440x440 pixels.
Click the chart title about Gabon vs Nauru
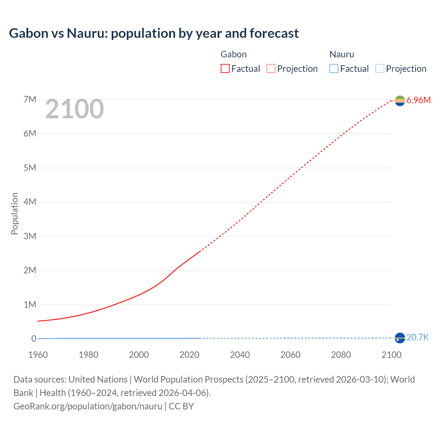pyautogui.click(x=154, y=33)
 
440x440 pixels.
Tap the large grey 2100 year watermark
pyautogui.click(x=74, y=109)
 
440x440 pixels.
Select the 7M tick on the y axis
pyautogui.click(x=30, y=100)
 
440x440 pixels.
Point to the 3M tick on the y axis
pyautogui.click(x=30, y=236)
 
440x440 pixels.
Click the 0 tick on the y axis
pyautogui.click(x=34, y=339)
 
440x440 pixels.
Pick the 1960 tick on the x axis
pyautogui.click(x=38, y=355)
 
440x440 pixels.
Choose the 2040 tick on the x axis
pyautogui.click(x=240, y=355)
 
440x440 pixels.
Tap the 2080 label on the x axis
pyautogui.click(x=341, y=355)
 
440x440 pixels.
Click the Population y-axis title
pyautogui.click(x=14, y=213)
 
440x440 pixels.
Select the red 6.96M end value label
pyautogui.click(x=418, y=100)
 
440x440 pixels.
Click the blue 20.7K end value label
pyautogui.click(x=417, y=338)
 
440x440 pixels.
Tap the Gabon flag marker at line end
pyautogui.click(x=400, y=101)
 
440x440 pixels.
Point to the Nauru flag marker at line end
pyautogui.click(x=400, y=338)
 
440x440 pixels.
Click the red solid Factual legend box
pyautogui.click(x=225, y=69)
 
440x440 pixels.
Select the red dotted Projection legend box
pyautogui.click(x=271, y=69)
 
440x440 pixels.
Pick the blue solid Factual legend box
pyautogui.click(x=334, y=69)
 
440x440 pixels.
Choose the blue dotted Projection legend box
pyautogui.click(x=379, y=69)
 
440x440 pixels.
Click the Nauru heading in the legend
pyautogui.click(x=342, y=54)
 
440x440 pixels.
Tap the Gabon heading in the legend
pyautogui.click(x=233, y=54)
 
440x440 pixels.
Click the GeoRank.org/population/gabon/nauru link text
pyautogui.click(x=88, y=406)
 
